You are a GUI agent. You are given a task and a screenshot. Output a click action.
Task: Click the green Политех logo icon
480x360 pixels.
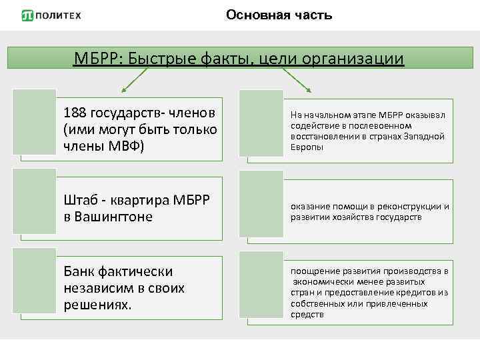coord(27,15)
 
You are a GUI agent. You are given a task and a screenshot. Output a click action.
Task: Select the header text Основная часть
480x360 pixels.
coord(279,15)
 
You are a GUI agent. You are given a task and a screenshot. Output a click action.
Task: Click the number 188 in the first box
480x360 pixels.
coord(75,111)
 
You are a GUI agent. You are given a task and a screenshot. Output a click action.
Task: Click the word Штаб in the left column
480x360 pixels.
coord(79,199)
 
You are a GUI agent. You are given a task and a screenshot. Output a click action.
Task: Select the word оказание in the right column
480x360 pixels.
coord(310,207)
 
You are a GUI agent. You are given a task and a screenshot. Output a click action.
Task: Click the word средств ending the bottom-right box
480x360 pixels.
coord(307,314)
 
